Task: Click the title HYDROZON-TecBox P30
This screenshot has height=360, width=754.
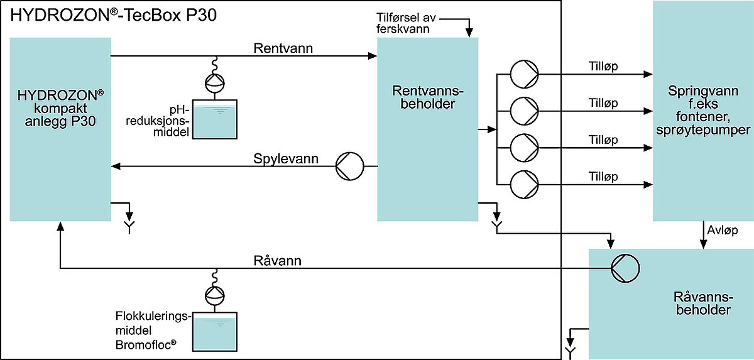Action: tap(114, 16)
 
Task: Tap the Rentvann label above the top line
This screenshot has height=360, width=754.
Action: tap(283, 48)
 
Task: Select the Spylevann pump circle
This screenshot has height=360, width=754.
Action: tap(350, 166)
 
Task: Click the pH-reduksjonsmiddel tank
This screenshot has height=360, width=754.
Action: tap(215, 119)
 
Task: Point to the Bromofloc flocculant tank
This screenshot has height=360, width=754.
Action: tap(215, 332)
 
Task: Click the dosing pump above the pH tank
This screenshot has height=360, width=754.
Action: tap(215, 83)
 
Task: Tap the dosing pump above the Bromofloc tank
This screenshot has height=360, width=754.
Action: tap(215, 296)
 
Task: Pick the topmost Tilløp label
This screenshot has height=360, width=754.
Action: tap(603, 66)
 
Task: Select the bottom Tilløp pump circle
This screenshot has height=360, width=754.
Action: tap(524, 184)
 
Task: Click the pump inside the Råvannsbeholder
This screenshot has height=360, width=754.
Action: tap(625, 268)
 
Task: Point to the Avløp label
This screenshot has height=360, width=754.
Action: tap(723, 230)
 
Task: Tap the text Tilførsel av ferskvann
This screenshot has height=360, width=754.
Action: tap(406, 23)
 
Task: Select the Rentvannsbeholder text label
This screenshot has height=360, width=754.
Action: tap(428, 97)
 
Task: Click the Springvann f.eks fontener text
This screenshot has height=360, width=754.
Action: tap(703, 111)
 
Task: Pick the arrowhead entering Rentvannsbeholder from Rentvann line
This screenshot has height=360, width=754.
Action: tap(372, 56)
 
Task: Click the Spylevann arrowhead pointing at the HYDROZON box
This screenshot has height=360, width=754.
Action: tap(116, 166)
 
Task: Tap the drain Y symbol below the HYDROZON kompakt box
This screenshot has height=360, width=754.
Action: tap(129, 227)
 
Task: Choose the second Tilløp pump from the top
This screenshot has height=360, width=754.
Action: tap(524, 111)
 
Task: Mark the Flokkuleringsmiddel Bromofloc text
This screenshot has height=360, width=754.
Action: tap(153, 330)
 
